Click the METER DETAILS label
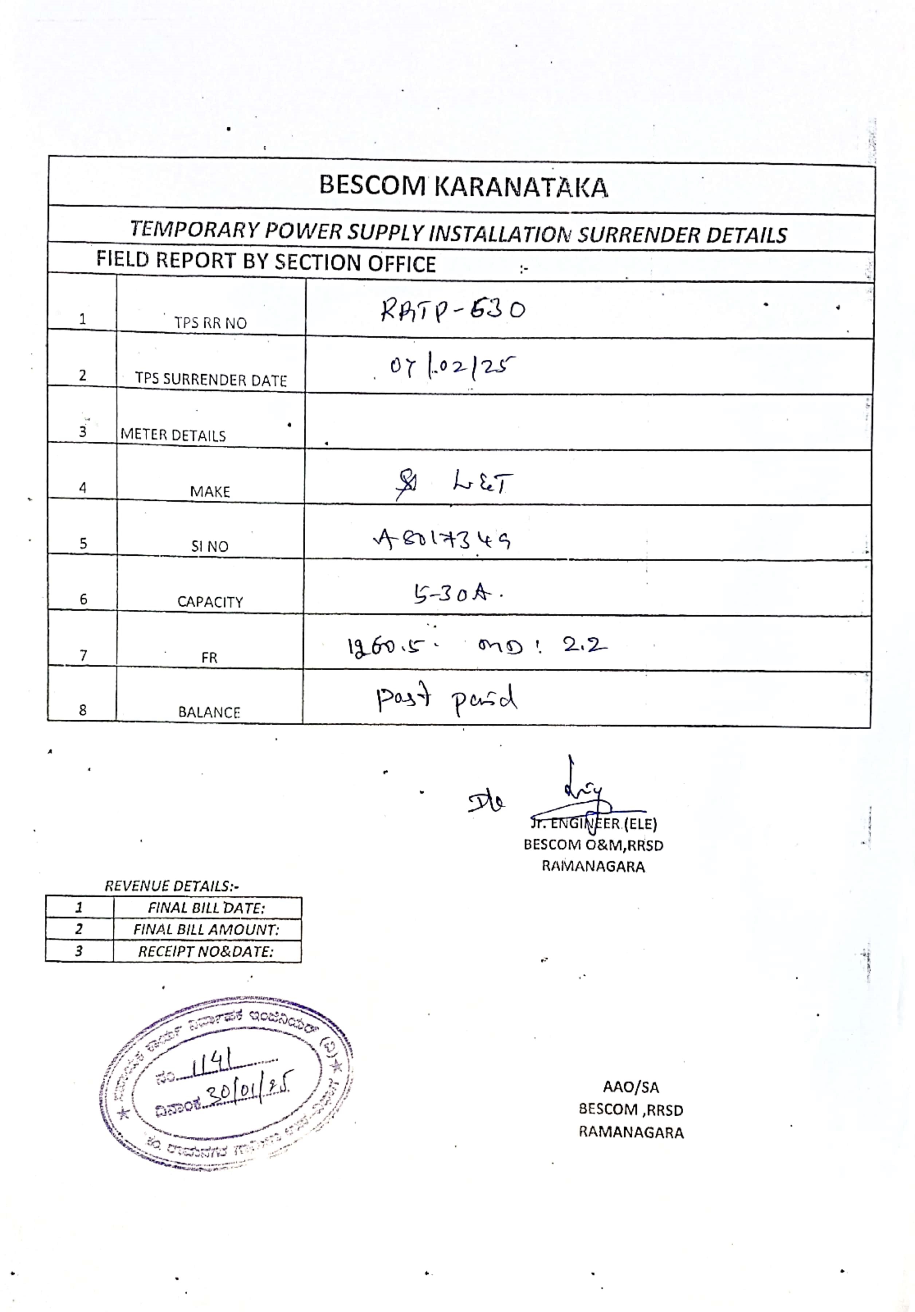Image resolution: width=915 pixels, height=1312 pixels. [173, 436]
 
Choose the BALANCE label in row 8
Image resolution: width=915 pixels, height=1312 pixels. [209, 712]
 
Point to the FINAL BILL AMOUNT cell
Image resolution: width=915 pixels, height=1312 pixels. [206, 930]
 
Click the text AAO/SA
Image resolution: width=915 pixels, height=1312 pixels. [631, 1087]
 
